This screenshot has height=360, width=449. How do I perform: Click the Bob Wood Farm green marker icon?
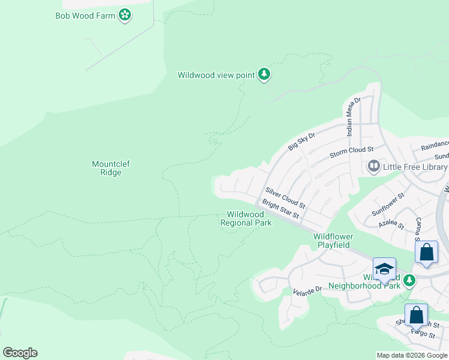click(x=125, y=15)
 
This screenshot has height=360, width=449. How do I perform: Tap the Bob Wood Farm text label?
click(x=85, y=15)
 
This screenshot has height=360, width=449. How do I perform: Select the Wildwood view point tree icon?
click(x=264, y=75)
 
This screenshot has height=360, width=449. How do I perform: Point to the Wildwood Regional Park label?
click(x=246, y=218)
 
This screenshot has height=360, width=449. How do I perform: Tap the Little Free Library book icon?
click(x=373, y=166)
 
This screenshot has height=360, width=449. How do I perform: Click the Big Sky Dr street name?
click(x=301, y=142)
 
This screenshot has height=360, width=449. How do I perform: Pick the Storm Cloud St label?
click(x=352, y=152)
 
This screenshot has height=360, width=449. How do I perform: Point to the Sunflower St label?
click(x=388, y=203)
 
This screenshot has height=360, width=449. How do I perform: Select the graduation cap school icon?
click(x=384, y=268)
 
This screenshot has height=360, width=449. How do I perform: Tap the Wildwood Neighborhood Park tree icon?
click(x=409, y=280)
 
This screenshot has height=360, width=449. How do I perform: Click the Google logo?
click(x=20, y=353)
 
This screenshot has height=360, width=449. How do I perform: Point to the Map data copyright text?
click(x=412, y=355)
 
